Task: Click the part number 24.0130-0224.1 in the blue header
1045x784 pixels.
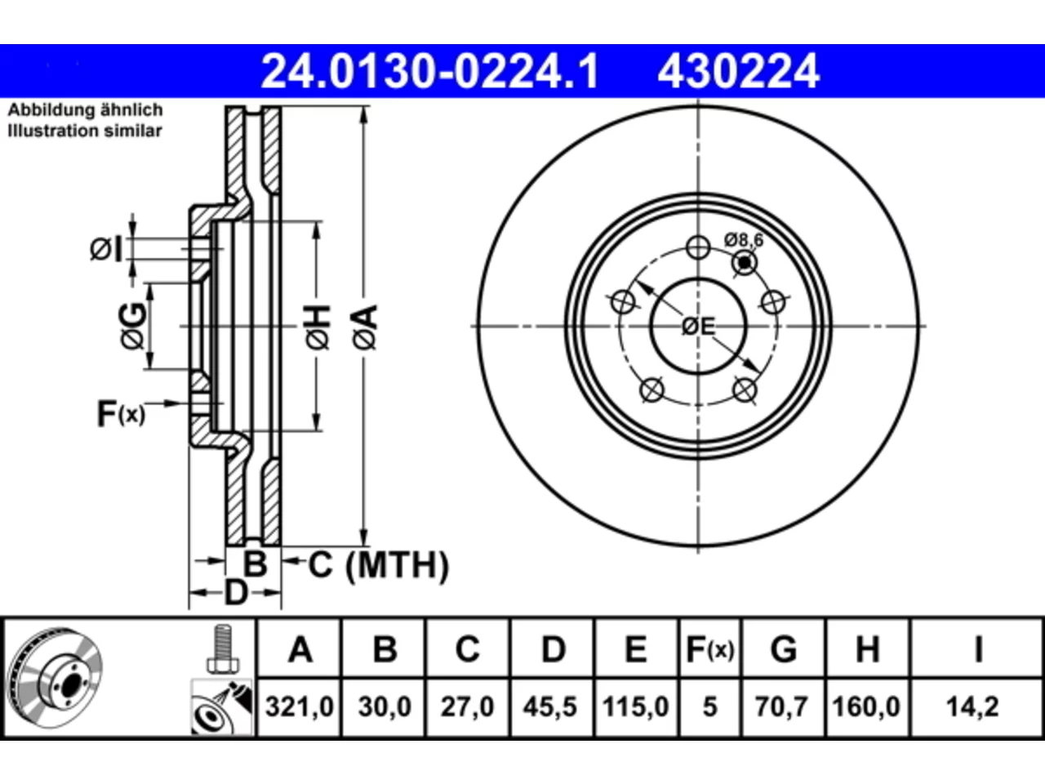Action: pos(429,71)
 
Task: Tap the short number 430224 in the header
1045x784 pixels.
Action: pos(738,71)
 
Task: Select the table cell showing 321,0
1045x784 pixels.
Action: pos(299,706)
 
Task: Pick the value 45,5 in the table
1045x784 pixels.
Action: pos(550,706)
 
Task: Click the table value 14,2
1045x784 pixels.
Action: pos(972,706)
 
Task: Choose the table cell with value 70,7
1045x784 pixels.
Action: pos(781,706)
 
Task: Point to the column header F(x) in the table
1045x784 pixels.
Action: pos(709,649)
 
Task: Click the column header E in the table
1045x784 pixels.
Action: pos(635,649)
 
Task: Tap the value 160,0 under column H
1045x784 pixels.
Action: pos(866,706)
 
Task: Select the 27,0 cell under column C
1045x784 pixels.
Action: pos(467,706)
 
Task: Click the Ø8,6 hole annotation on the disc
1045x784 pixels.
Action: pos(743,240)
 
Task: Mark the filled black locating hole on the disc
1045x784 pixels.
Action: pos(745,263)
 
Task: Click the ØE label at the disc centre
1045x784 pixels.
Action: pos(698,327)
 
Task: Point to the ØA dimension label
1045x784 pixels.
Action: pos(366,327)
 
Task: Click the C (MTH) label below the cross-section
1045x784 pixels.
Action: pos(379,565)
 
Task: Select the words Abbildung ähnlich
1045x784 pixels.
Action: pos(85,110)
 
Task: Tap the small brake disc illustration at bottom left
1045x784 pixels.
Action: pos(56,678)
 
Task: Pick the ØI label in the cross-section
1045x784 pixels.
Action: pos(105,249)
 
